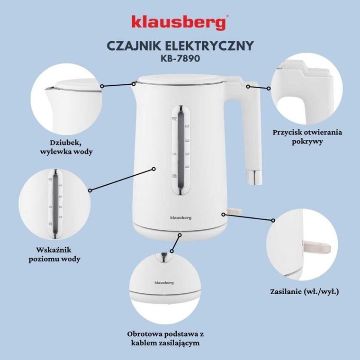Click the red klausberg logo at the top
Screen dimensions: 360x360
pyautogui.click(x=180, y=22)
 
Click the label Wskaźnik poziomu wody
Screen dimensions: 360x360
pyautogui.click(x=58, y=254)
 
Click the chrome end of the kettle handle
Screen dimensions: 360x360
pyautogui.click(x=254, y=178)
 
